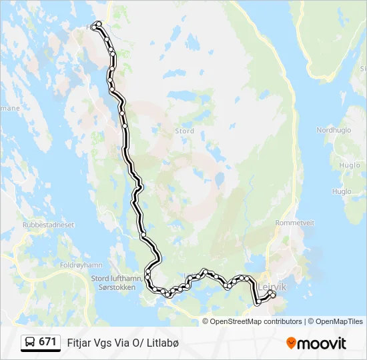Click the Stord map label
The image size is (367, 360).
(x=184, y=131)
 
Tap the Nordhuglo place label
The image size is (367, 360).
(x=333, y=130)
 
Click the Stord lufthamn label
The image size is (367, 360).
(x=116, y=279)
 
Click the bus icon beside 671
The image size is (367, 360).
(x=31, y=342)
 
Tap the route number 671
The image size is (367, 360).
(x=47, y=342)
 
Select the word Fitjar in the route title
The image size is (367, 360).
(x=78, y=343)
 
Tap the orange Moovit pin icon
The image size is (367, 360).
(x=292, y=343)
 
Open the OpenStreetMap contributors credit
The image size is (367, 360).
(x=256, y=321)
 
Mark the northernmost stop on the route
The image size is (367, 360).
(x=99, y=24)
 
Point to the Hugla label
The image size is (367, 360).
(x=342, y=191)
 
